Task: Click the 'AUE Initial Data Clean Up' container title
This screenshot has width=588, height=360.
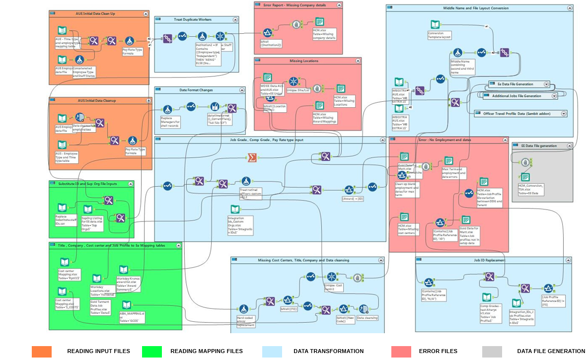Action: click(96, 14)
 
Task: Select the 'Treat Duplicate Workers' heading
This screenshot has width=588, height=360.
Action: click(193, 20)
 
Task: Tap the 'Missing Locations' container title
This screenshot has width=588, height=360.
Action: click(304, 61)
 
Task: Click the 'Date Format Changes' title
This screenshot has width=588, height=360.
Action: click(196, 90)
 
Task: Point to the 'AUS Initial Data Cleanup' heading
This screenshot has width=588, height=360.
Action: click(97, 101)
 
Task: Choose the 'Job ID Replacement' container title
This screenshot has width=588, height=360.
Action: click(489, 260)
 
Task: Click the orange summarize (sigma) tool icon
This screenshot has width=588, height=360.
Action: click(252, 157)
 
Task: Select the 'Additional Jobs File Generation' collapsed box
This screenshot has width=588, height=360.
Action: click(516, 96)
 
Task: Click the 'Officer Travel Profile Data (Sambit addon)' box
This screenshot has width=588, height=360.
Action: click(518, 114)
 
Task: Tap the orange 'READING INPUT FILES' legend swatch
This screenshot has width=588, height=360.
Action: click(42, 352)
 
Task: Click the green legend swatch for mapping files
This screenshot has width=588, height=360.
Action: click(152, 352)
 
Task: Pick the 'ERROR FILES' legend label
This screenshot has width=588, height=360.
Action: click(438, 352)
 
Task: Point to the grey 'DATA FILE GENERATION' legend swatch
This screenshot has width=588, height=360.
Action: click(492, 352)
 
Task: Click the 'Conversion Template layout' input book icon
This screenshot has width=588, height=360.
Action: click(435, 25)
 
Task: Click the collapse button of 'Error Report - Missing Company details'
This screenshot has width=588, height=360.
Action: click(339, 5)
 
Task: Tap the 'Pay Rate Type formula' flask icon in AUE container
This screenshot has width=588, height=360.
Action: click(129, 41)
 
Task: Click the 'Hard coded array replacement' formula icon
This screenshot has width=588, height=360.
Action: click(243, 309)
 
